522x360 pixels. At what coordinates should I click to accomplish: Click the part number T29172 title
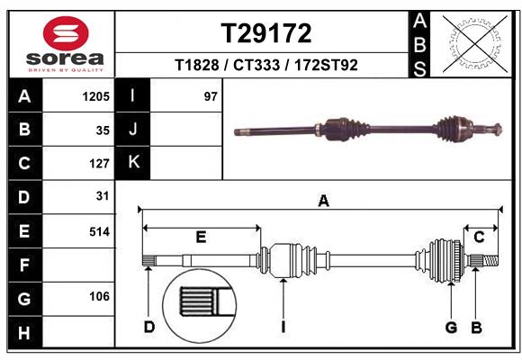(266, 33)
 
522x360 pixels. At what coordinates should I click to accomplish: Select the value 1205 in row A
(94, 96)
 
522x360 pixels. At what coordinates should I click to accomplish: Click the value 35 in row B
(102, 130)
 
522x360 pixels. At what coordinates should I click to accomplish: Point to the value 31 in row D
(102, 196)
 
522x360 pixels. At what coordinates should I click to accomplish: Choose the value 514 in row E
(98, 231)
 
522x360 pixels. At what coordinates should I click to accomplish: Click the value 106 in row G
(98, 296)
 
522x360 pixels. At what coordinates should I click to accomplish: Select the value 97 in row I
(211, 96)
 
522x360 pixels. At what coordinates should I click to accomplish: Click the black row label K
(134, 163)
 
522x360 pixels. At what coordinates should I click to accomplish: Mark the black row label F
(24, 265)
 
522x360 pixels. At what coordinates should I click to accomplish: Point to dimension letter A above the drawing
(323, 202)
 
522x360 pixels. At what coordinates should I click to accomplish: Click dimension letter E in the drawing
(201, 237)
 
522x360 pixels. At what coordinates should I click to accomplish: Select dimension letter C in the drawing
(479, 237)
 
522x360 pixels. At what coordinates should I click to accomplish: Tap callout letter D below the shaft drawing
(149, 327)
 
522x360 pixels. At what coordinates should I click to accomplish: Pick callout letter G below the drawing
(452, 327)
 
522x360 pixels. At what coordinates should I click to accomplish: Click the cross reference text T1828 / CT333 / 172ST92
(266, 65)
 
